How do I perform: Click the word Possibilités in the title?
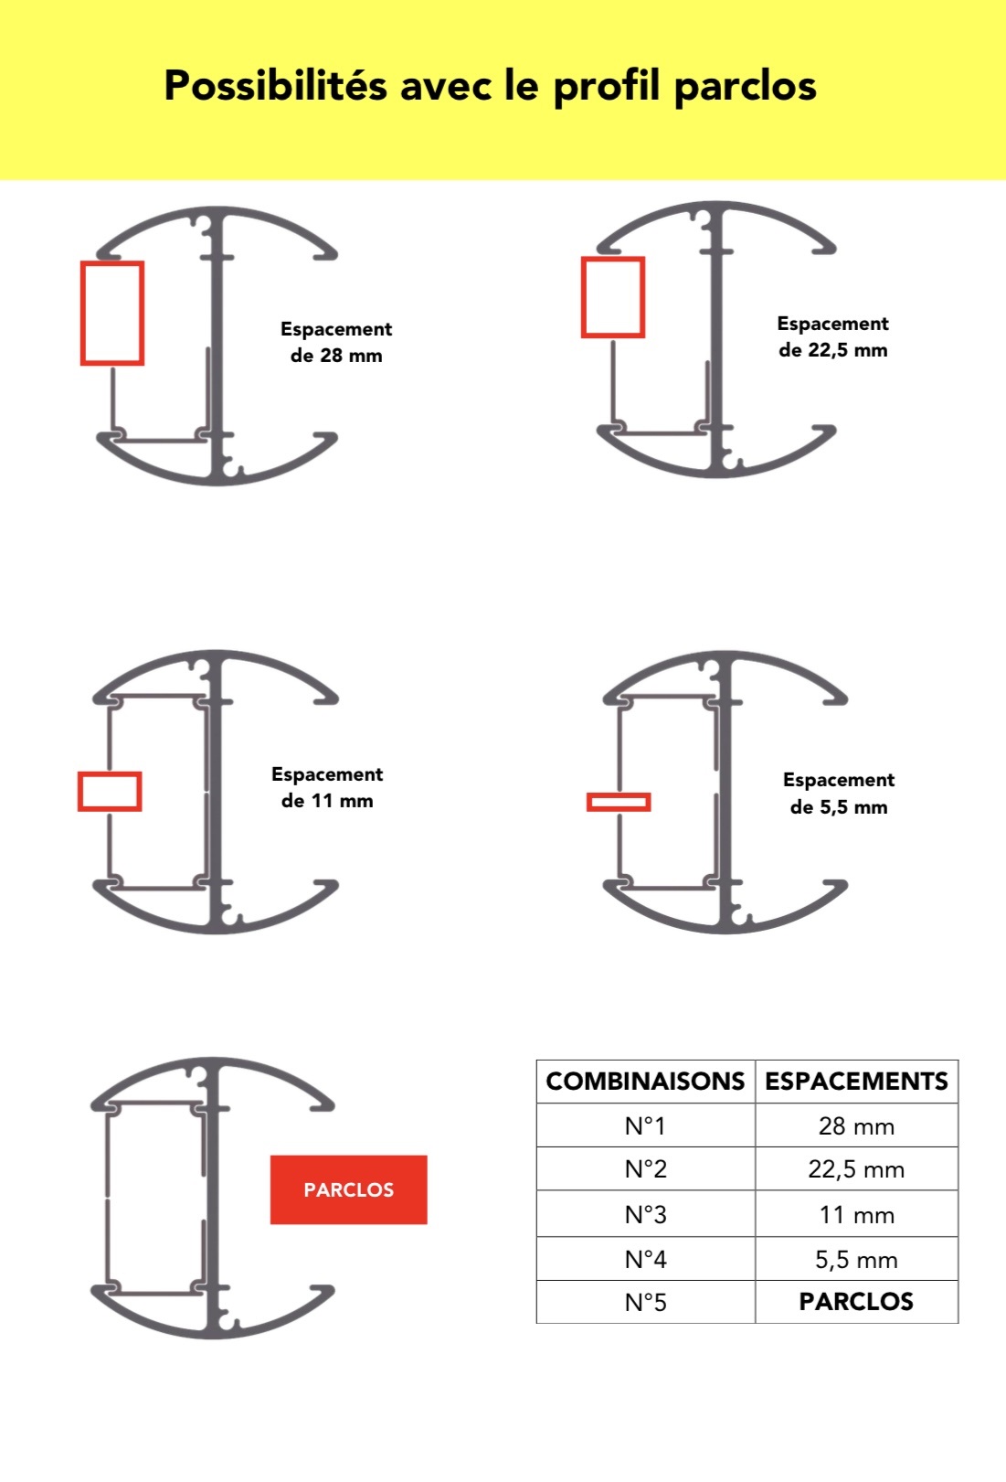275,85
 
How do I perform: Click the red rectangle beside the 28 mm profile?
82,313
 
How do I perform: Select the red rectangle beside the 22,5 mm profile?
583,297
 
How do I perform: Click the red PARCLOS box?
348,1189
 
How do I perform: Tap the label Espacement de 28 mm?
336,342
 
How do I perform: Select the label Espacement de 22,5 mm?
832,336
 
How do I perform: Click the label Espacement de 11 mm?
327,787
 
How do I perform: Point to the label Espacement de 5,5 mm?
839,794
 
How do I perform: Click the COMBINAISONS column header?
645,1081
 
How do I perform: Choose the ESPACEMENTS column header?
856,1081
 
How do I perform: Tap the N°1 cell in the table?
645,1126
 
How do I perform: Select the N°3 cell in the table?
645,1215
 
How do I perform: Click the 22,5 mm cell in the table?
856,1169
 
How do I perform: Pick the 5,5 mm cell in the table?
856,1260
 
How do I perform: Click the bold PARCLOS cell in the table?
856,1301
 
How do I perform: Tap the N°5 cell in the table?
645,1303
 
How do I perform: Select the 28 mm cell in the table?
856,1126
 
